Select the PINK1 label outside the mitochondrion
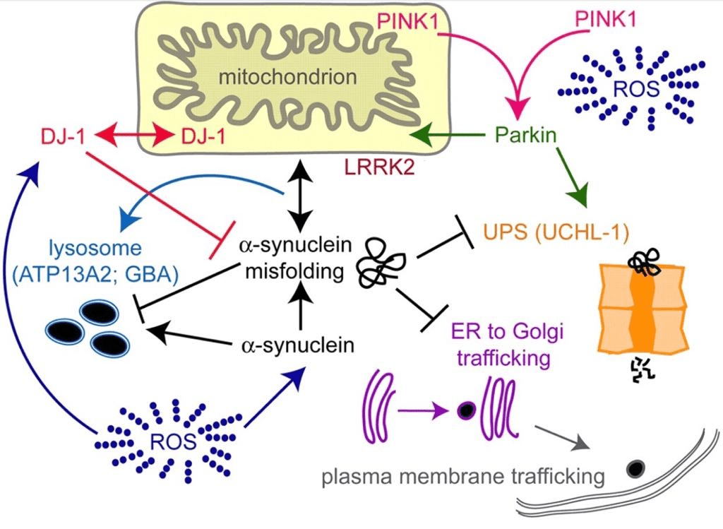tap(605, 20)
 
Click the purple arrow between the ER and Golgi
tap(422, 409)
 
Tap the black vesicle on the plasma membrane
tap(635, 468)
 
